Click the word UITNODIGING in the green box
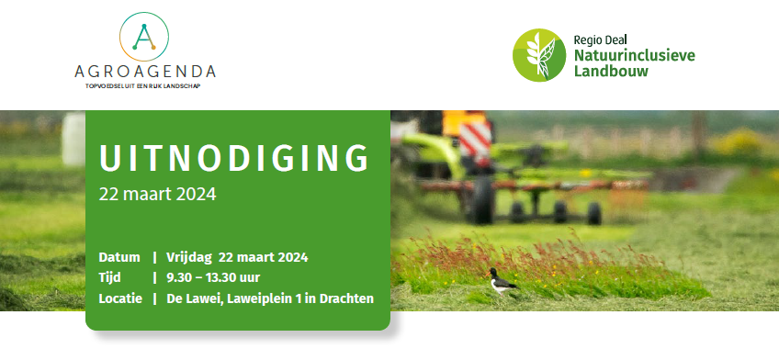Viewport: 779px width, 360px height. (x=233, y=159)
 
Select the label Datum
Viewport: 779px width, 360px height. (x=119, y=256)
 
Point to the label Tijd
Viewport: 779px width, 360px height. (x=109, y=277)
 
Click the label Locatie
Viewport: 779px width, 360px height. (x=120, y=298)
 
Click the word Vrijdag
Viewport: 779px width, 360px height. (x=189, y=256)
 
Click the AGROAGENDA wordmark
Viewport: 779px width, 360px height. (x=146, y=71)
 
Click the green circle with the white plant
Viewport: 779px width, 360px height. (x=539, y=55)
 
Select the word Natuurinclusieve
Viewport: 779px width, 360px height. (x=634, y=56)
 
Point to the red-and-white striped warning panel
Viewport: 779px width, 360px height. (x=474, y=140)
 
